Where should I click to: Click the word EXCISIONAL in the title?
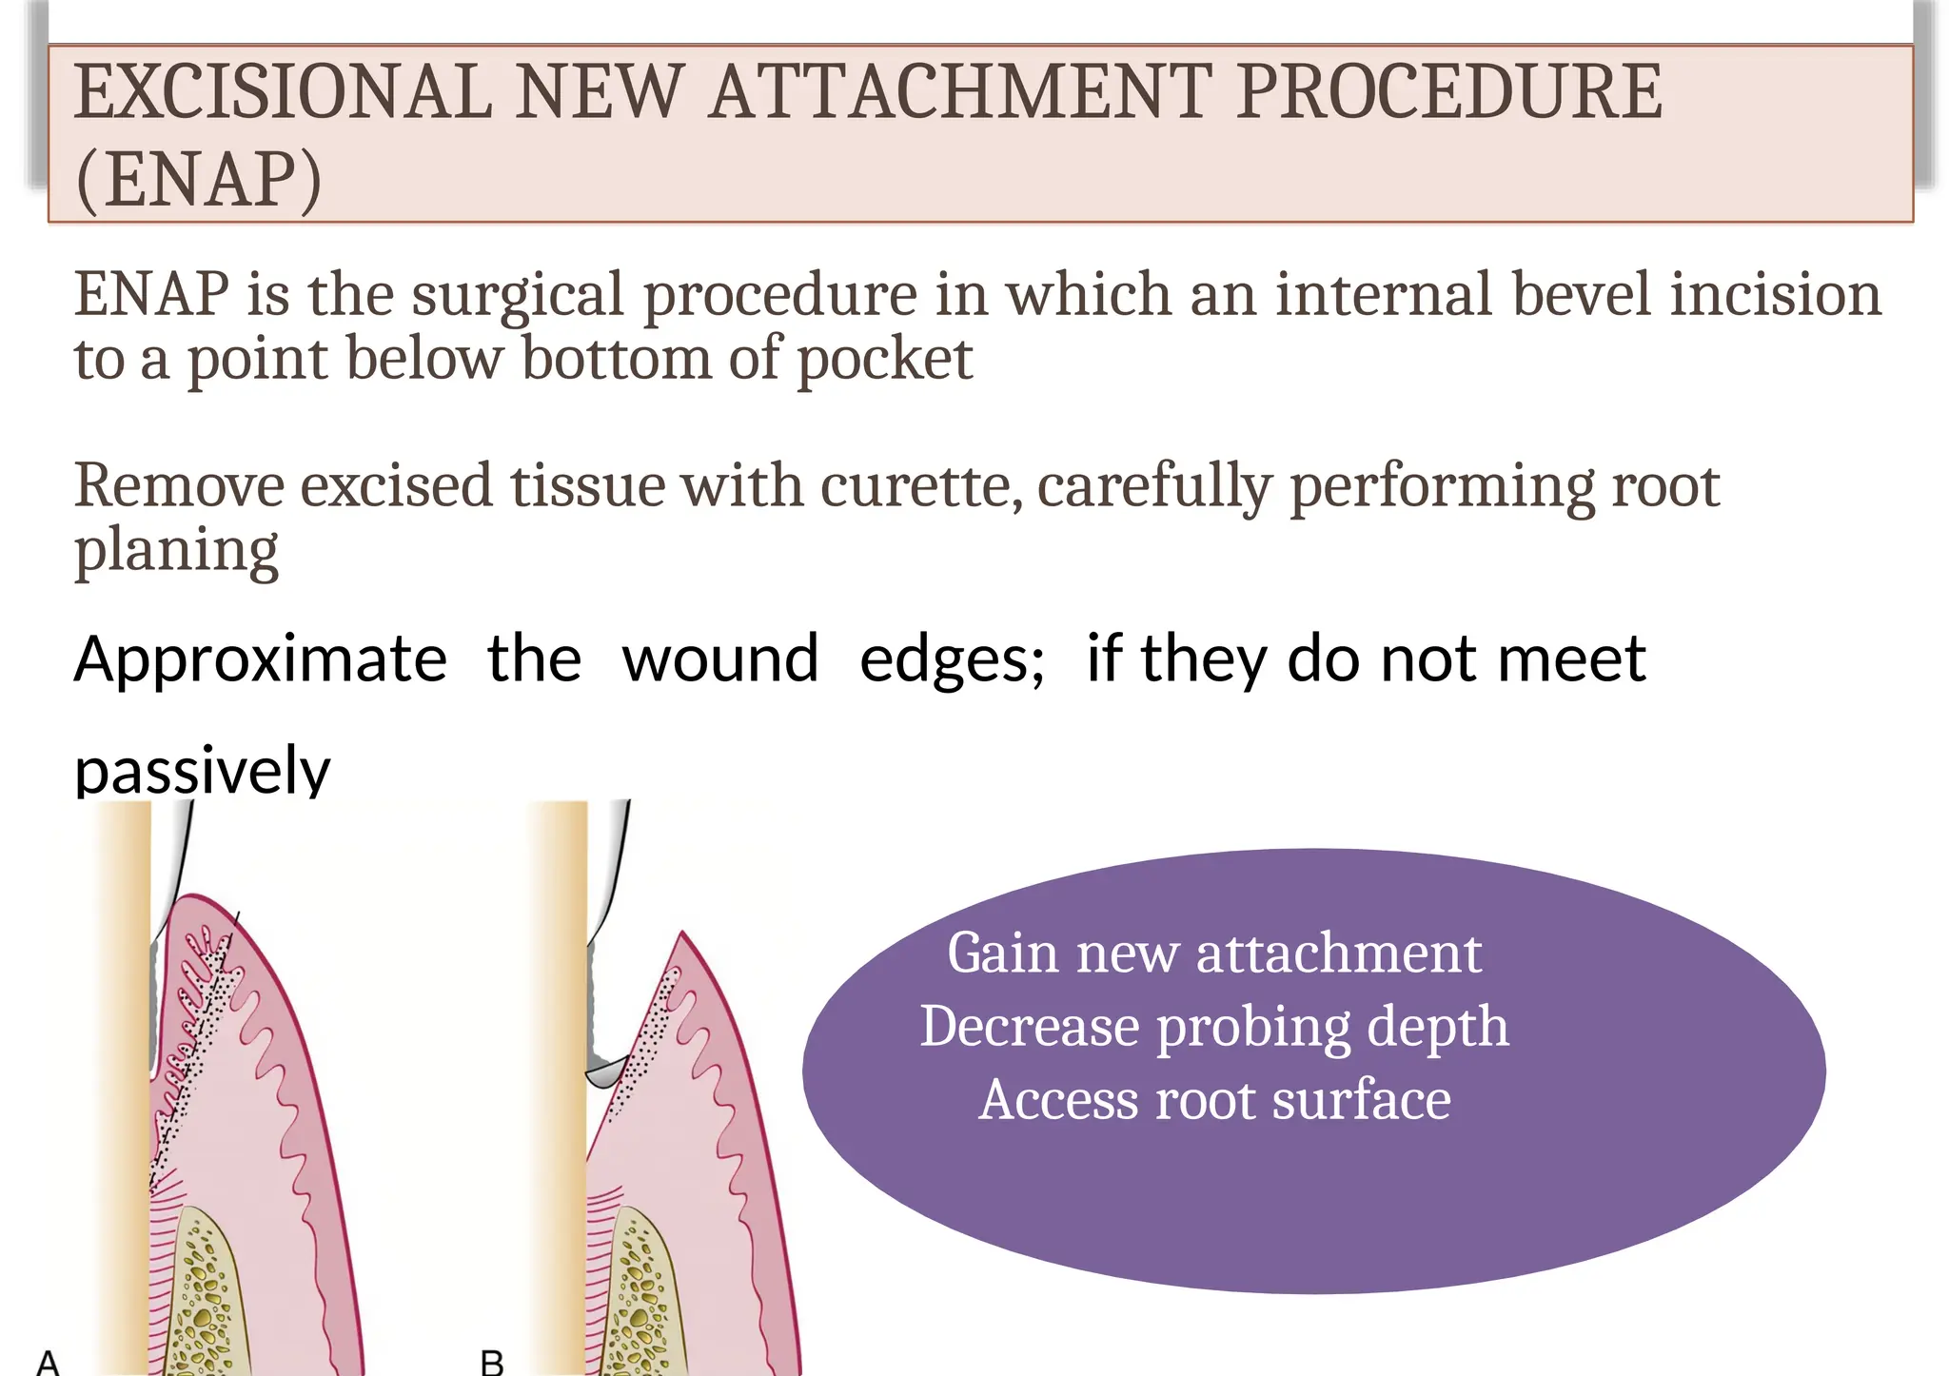point(283,92)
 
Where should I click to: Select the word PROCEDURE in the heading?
point(1449,92)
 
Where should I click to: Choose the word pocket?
point(884,360)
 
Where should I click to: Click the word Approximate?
point(260,659)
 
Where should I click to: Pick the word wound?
point(719,659)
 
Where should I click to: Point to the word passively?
point(202,771)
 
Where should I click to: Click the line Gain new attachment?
point(1214,953)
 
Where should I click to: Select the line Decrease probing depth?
point(1214,1027)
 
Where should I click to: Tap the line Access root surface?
point(1214,1100)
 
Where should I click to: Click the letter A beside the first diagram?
point(48,1362)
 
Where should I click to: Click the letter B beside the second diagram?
point(492,1362)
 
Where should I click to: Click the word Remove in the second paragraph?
point(179,486)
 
